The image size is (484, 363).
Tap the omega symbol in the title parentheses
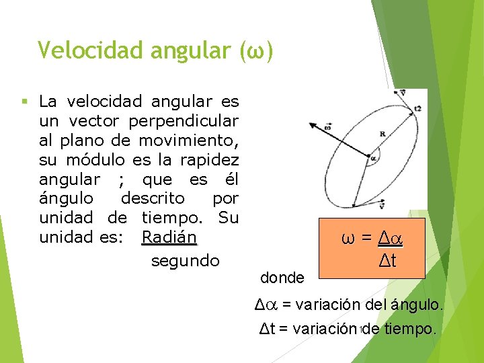(257, 50)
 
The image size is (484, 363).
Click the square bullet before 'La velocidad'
(24, 102)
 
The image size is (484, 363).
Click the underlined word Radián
(169, 238)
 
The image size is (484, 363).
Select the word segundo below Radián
(185, 261)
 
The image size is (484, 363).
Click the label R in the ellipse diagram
(382, 134)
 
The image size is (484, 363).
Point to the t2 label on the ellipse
(418, 108)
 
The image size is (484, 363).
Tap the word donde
(282, 277)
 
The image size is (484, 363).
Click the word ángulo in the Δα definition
(410, 305)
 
